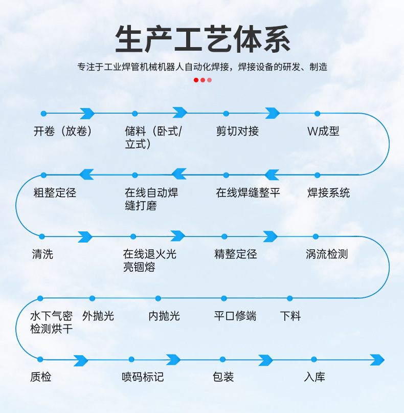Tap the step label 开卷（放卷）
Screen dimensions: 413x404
click(63, 132)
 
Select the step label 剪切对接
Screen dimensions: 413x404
click(237, 132)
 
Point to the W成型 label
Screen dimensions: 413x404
click(323, 132)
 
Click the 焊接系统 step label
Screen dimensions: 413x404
click(329, 193)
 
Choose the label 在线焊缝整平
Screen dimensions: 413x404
click(248, 193)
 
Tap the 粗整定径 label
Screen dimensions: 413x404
click(55, 193)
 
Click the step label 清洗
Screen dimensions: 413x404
click(42, 254)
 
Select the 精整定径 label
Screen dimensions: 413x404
click(236, 254)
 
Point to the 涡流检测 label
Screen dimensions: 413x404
click(327, 254)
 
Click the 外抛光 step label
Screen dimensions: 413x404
click(98, 316)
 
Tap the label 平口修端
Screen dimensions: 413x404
click(235, 316)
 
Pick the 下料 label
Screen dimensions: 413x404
click(290, 316)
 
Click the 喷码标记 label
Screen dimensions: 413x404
click(143, 378)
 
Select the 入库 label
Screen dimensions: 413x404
click(315, 378)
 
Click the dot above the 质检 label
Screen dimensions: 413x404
click(40, 359)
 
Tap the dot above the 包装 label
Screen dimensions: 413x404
click(223, 359)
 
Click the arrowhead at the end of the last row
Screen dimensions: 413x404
click(377, 360)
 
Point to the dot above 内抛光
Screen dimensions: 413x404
click(158, 298)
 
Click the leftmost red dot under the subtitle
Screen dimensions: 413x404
click(196, 80)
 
